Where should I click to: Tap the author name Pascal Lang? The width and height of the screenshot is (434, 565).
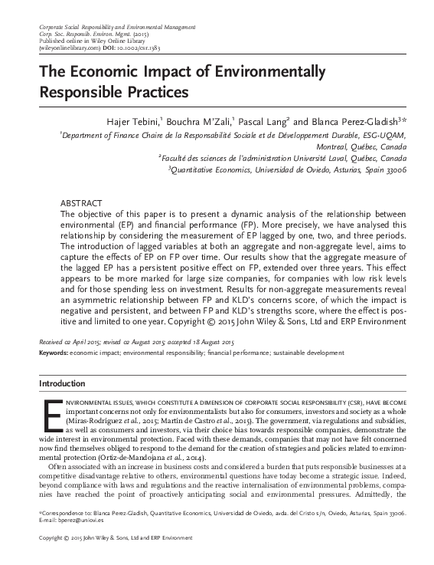[x=263, y=122]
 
